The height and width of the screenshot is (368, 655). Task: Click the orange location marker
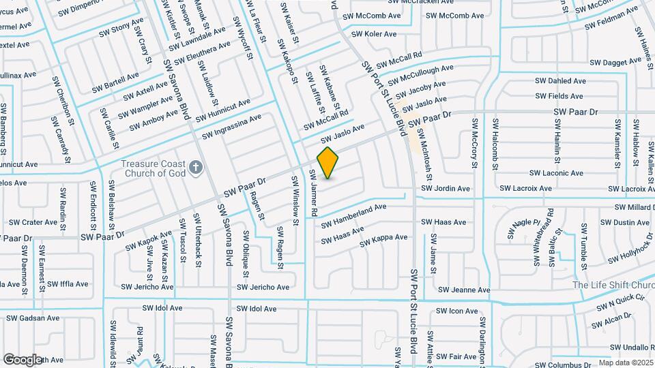328,162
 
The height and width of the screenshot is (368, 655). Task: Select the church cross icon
196,167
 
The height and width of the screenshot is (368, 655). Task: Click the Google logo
23,359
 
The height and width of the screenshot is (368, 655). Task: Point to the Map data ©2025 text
626,363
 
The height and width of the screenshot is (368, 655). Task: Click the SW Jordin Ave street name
446,188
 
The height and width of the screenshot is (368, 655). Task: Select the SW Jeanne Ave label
464,290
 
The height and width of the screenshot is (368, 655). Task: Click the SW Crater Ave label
32,222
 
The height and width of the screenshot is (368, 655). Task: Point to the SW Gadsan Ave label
34,318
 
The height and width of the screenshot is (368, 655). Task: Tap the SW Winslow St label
295,201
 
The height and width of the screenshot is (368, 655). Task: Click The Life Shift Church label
613,285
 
